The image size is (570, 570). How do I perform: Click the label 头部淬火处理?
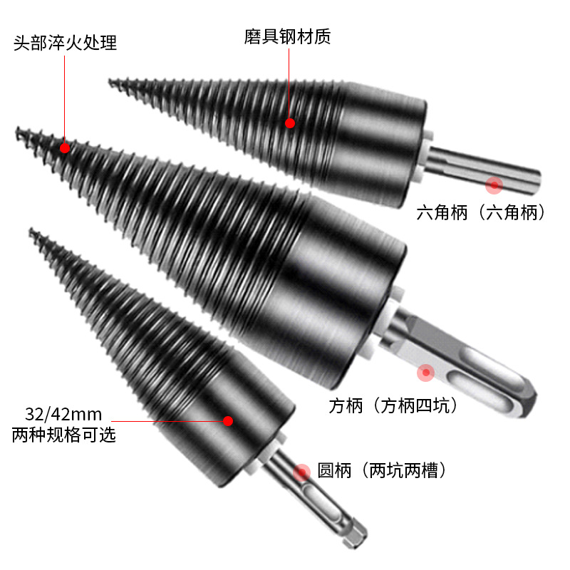(x=65, y=43)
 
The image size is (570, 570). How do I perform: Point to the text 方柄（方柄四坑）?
(x=393, y=406)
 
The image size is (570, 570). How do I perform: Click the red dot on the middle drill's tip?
(x=65, y=148)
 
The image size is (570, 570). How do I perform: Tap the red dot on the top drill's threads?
(x=290, y=123)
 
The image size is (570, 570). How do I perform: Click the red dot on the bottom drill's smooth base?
(x=228, y=420)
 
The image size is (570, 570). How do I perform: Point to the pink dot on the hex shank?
(x=494, y=185)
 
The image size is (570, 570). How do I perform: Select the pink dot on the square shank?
(x=426, y=372)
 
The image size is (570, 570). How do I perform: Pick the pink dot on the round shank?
(x=303, y=471)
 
